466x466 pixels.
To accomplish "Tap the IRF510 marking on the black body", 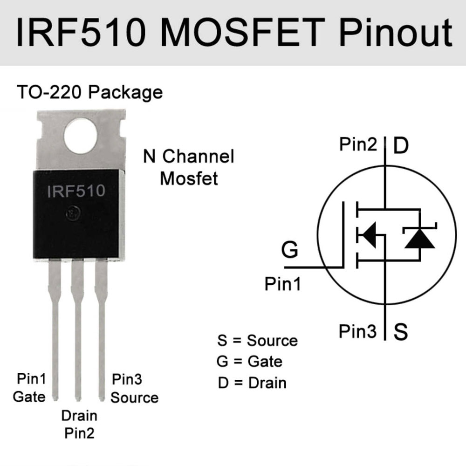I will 76,191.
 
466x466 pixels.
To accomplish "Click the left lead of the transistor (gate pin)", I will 55,326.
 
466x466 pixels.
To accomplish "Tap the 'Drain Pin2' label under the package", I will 79,424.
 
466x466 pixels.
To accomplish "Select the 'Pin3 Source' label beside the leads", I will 134,389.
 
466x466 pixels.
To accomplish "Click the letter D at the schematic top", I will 400,145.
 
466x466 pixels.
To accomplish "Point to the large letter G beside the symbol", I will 290,250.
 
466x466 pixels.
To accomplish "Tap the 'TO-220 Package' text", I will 89,92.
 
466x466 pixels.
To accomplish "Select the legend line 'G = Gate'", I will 250,361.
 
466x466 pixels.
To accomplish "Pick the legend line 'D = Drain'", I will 252,383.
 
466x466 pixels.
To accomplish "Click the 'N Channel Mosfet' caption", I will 189,167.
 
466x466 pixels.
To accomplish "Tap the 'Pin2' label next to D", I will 358,145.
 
